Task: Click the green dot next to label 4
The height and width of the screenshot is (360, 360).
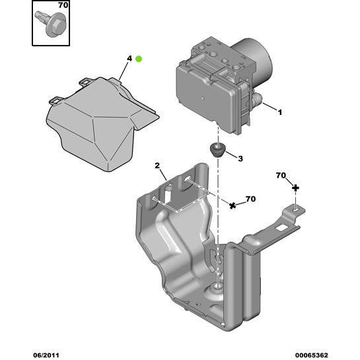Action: click(x=139, y=59)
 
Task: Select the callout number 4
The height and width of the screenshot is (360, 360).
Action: click(x=129, y=59)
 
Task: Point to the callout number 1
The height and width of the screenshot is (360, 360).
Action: click(x=280, y=112)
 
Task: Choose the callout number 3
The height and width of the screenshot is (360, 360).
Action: click(x=240, y=159)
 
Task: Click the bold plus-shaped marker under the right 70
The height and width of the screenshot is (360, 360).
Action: click(x=295, y=188)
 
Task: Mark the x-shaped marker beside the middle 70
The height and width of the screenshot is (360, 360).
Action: click(x=232, y=205)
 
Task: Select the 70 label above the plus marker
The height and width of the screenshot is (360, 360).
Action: click(x=281, y=176)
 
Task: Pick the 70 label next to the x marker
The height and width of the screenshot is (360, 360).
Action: click(x=250, y=198)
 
